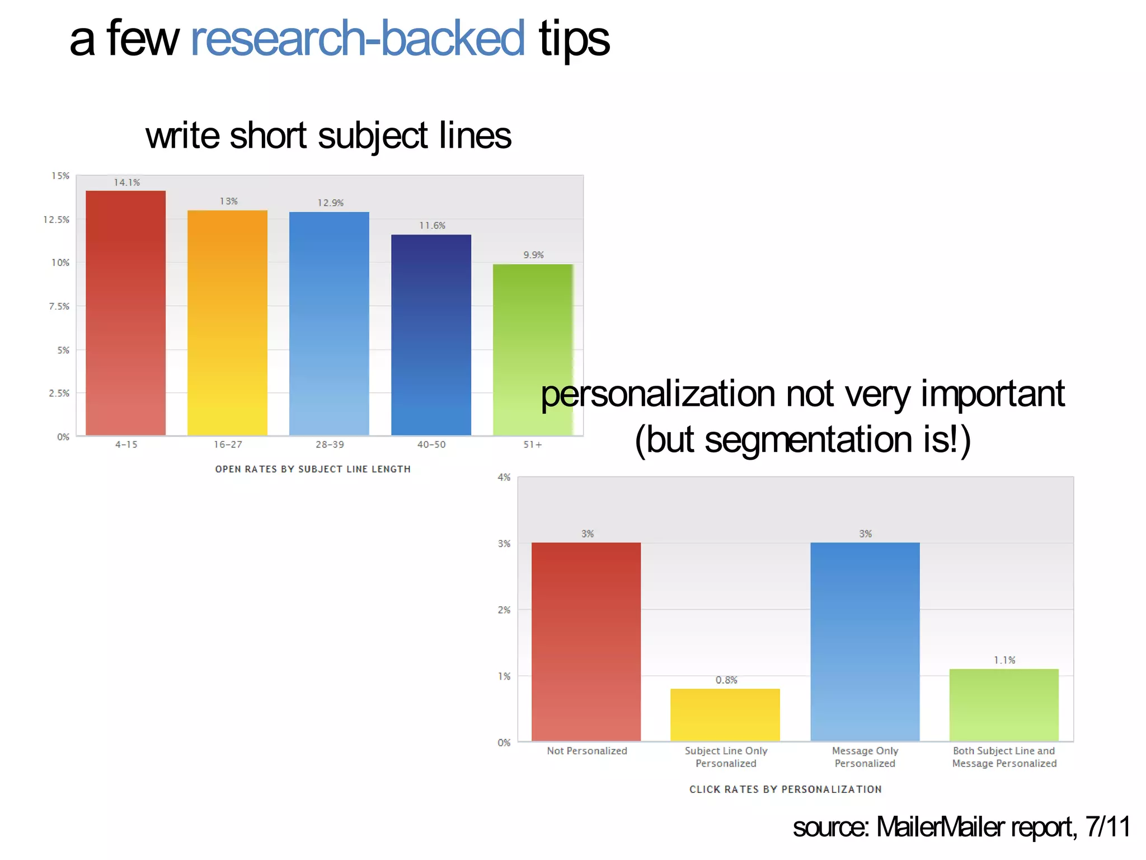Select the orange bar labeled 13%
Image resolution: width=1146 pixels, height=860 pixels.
[x=227, y=322]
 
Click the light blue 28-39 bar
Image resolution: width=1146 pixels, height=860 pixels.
[x=329, y=323]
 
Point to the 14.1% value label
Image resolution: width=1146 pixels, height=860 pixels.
[x=127, y=183]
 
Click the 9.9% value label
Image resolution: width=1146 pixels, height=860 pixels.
[x=533, y=255]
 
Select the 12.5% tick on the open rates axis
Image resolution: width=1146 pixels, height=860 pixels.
[x=57, y=219]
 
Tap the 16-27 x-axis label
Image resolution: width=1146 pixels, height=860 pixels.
[x=228, y=445]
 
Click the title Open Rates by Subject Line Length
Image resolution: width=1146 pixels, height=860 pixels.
[x=313, y=469]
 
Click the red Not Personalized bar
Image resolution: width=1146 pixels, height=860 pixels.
[x=586, y=641]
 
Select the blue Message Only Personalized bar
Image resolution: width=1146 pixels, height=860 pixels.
[x=865, y=641]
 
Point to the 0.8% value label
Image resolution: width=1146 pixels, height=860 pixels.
[x=726, y=680]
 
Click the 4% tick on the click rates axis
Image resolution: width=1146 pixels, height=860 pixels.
[x=504, y=478]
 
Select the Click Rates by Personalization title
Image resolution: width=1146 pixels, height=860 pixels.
[x=785, y=789]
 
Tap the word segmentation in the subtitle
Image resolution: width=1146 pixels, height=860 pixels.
[x=808, y=440]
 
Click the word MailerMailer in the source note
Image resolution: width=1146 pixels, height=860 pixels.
[x=941, y=827]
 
